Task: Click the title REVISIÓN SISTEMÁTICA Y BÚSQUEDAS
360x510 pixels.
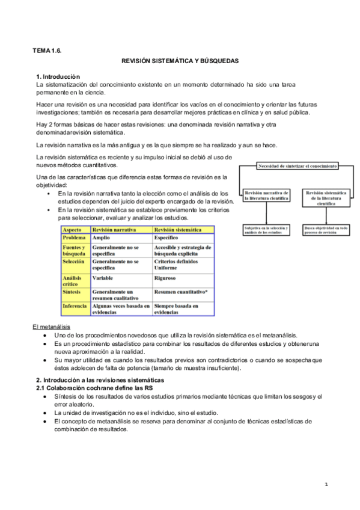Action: (180, 61)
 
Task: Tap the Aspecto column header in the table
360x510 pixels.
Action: (72, 230)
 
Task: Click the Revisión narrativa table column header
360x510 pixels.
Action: (114, 230)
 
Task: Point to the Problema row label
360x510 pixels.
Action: (75, 238)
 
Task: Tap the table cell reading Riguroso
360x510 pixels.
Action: (165, 278)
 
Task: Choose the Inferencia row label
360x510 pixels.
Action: (76, 306)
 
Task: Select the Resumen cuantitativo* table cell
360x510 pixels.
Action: (181, 292)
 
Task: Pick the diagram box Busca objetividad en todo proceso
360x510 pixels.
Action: (326, 230)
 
